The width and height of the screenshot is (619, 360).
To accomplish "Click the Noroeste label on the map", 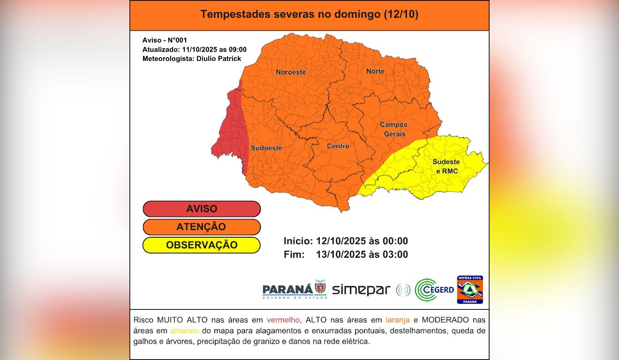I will pyautogui.click(x=291, y=72).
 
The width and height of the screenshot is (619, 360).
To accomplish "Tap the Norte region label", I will pyautogui.click(x=375, y=71).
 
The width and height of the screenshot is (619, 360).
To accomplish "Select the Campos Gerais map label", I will pyautogui.click(x=393, y=129).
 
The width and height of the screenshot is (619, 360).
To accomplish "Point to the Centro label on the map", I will pyautogui.click(x=338, y=146).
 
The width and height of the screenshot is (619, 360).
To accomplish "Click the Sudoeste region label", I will pyautogui.click(x=266, y=148).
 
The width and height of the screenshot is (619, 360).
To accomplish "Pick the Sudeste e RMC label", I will pyautogui.click(x=446, y=166).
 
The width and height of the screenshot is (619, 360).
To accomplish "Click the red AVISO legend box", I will pyautogui.click(x=202, y=209).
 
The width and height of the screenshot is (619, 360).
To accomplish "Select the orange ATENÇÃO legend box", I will pyautogui.click(x=202, y=227).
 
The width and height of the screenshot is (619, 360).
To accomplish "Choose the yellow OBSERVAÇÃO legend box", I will pyautogui.click(x=202, y=245).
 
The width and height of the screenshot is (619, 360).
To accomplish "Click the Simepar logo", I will pyautogui.click(x=361, y=290).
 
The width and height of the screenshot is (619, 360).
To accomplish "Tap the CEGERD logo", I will pyautogui.click(x=435, y=290).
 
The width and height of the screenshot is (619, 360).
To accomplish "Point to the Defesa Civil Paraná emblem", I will pyautogui.click(x=470, y=290).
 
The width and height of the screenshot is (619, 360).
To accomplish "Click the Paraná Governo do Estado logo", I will pyautogui.click(x=294, y=290).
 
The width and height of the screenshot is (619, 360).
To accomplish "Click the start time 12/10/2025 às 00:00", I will pyautogui.click(x=362, y=241).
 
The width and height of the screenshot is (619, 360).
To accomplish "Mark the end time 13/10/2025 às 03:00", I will pyautogui.click(x=362, y=255).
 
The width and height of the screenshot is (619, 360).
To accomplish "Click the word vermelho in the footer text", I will pyautogui.click(x=283, y=320).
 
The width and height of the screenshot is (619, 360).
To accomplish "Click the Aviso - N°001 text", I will pyautogui.click(x=165, y=40).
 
